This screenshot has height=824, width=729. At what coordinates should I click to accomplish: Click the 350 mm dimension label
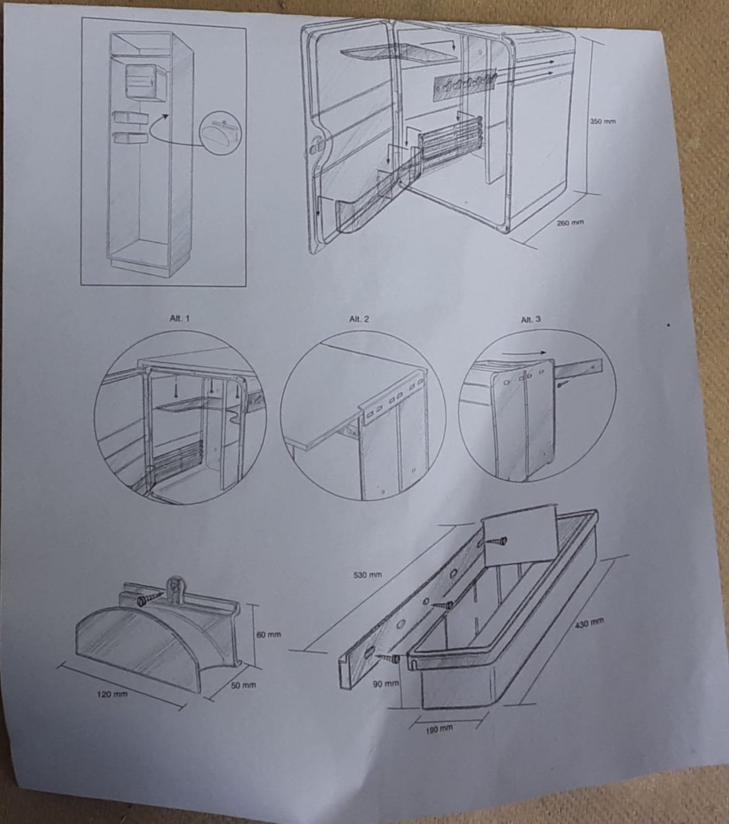603,122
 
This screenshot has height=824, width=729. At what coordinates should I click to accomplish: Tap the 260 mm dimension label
570,222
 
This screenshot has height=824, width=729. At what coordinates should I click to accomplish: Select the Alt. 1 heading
179,318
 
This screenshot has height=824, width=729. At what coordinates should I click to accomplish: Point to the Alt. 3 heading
531,319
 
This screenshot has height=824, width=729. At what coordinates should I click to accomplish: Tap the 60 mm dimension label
268,634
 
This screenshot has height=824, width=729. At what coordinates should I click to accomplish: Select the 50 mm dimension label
244,685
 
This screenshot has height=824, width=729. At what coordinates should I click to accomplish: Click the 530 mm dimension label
367,575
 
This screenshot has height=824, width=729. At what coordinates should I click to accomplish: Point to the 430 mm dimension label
589,623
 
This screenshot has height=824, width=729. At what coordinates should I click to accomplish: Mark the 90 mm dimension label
386,684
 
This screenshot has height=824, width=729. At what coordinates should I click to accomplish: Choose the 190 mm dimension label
439,730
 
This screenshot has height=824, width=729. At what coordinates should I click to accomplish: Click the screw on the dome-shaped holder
148,599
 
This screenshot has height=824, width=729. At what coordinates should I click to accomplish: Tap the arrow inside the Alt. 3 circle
524,352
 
